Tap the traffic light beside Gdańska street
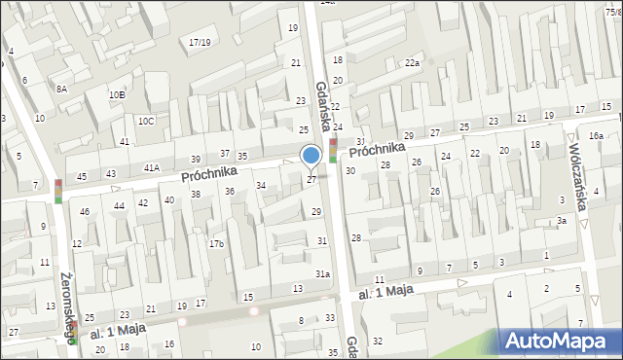(333, 151)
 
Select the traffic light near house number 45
(58, 191)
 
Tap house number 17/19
(200, 42)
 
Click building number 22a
(413, 63)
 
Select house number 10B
(117, 94)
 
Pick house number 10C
(145, 121)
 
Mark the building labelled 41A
(152, 167)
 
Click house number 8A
(61, 89)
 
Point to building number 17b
(216, 243)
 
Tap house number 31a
(322, 274)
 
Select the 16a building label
(596, 135)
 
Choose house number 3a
(562, 221)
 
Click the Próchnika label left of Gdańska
(208, 172)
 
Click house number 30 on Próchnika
(349, 170)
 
